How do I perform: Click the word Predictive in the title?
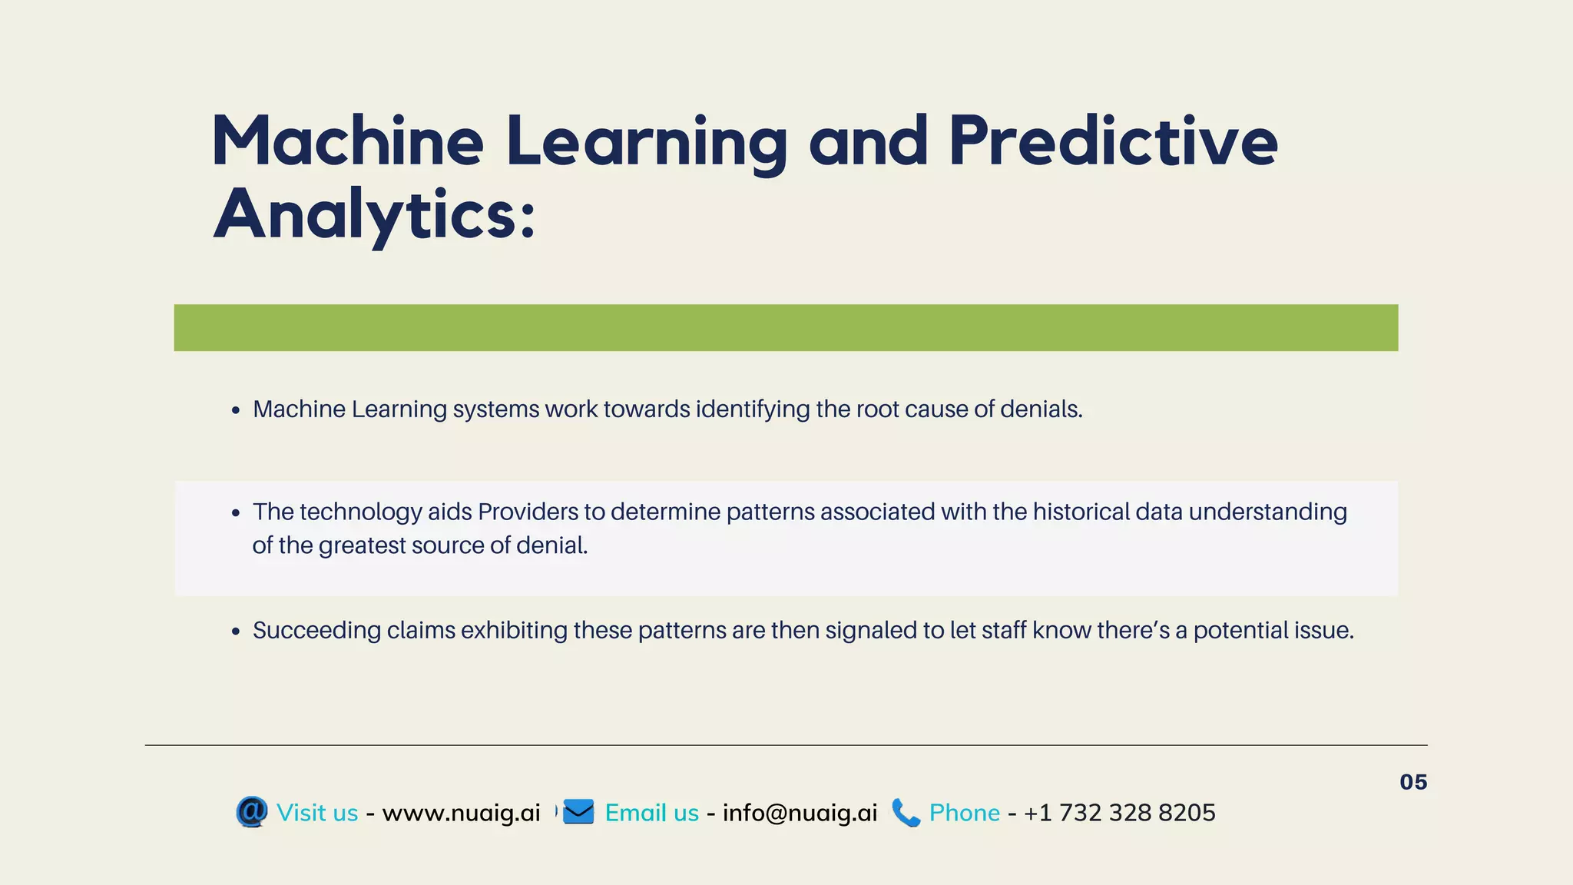[1112, 141]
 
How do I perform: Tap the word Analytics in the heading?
[373, 215]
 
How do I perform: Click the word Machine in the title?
[347, 141]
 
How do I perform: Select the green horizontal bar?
[786, 328]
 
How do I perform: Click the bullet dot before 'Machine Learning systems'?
[236, 411]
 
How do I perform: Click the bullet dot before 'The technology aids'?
[236, 514]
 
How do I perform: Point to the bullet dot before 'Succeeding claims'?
[236, 632]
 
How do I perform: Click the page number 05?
[1412, 782]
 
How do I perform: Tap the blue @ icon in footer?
[252, 812]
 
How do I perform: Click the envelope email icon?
[578, 812]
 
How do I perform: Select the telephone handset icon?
[906, 813]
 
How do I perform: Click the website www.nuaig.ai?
[461, 813]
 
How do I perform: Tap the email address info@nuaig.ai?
[800, 813]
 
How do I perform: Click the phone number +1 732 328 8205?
[1119, 813]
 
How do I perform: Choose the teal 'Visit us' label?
[317, 813]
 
